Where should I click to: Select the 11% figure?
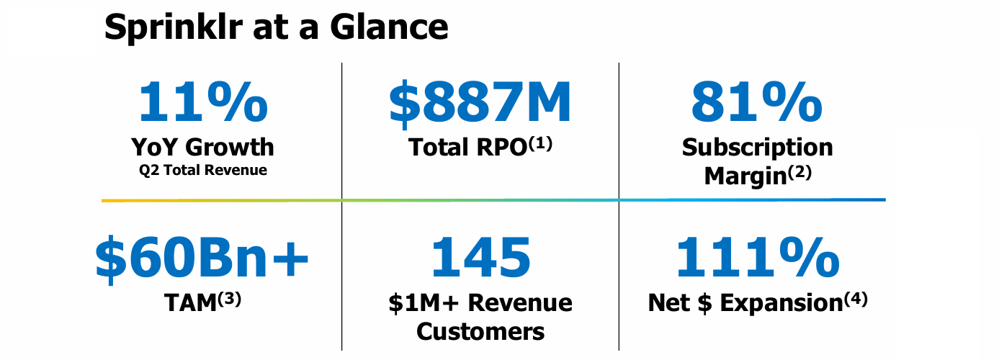click(203, 102)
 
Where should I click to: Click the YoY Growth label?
click(203, 147)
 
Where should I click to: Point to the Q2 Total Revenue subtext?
click(203, 171)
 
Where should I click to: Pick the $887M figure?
click(480, 102)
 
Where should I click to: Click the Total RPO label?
click(468, 148)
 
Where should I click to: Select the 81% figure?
click(756, 102)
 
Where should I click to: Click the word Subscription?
click(757, 148)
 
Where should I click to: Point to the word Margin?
click(744, 176)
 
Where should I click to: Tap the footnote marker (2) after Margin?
click(798, 171)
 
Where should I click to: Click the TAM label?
click(190, 303)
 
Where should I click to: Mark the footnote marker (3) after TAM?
click(229, 297)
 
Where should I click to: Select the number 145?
click(480, 258)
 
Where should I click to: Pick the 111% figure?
click(756, 258)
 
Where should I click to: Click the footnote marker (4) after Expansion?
click(855, 297)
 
